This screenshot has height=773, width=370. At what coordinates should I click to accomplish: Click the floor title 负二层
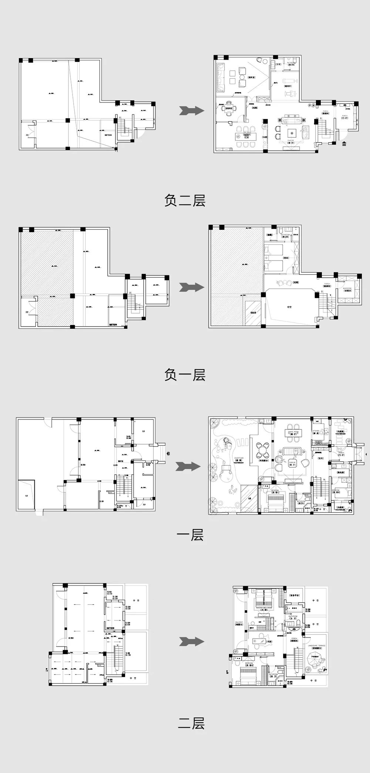click(185, 200)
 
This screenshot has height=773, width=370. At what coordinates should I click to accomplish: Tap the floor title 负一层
click(185, 375)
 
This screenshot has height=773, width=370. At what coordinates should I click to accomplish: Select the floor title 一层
click(190, 535)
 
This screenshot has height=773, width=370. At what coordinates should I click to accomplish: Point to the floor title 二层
click(191, 723)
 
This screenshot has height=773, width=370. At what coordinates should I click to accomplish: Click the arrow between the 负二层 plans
click(192, 110)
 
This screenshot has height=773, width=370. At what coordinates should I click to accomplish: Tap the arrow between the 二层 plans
click(192, 641)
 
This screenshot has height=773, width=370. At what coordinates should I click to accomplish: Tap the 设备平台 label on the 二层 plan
click(295, 595)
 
